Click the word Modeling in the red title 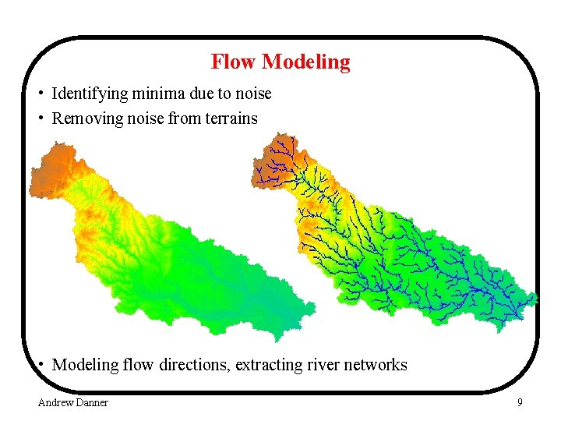[306, 62]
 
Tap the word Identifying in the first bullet [89, 94]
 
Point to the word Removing [83, 119]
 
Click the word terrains [231, 119]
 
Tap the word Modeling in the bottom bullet [85, 365]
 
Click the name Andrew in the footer [55, 402]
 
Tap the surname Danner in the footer [92, 402]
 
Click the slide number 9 [520, 402]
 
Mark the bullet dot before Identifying [40, 94]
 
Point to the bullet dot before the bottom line [40, 365]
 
